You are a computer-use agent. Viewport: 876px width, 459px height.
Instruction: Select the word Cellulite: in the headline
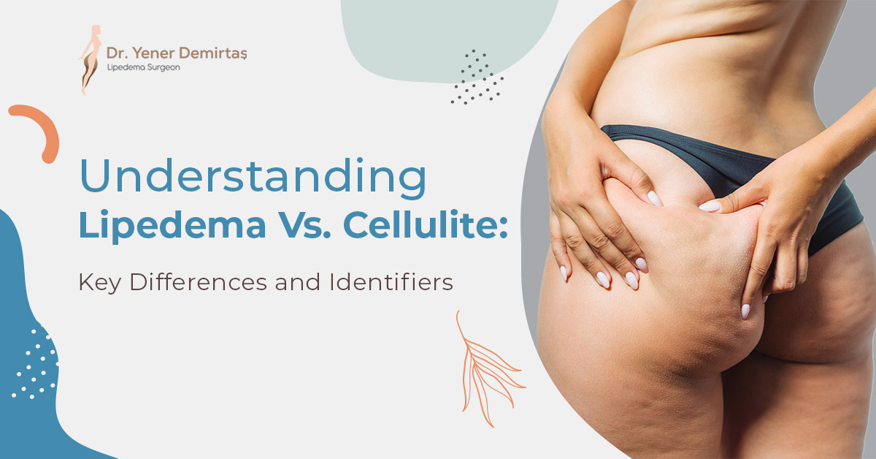point(425,224)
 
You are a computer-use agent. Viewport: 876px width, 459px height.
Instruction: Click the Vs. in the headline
point(304,224)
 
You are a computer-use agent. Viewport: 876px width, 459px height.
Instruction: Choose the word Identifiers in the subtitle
point(391,282)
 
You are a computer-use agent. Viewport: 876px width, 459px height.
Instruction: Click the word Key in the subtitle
point(99,283)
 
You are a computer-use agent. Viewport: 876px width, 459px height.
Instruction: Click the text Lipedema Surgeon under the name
point(144,67)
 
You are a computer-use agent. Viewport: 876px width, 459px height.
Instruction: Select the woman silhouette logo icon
point(90,59)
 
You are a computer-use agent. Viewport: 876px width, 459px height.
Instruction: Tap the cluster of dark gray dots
point(477,77)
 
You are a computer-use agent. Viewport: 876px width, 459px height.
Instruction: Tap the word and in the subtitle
point(298,282)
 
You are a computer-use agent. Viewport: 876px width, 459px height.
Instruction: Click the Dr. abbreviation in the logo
point(118,53)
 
